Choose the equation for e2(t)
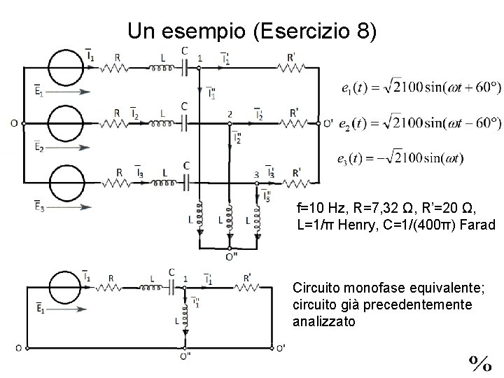click(x=419, y=122)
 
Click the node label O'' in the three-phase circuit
click(x=230, y=256)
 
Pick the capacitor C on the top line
click(x=184, y=67)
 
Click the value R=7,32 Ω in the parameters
click(x=377, y=208)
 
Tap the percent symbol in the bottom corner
click(x=480, y=363)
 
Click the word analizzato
click(x=325, y=322)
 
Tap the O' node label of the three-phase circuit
click(x=327, y=124)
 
